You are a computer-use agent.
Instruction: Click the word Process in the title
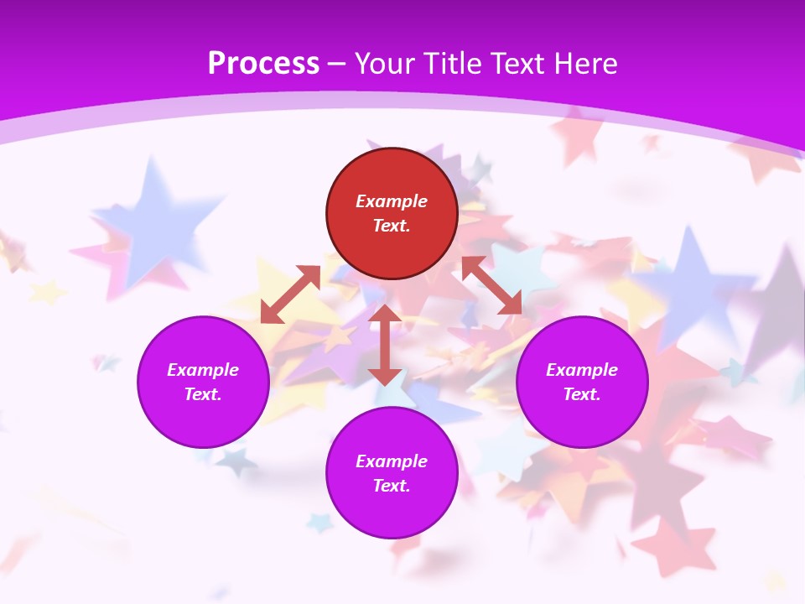(x=263, y=64)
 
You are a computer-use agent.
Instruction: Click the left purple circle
(x=203, y=382)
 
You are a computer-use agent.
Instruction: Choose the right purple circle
(x=582, y=382)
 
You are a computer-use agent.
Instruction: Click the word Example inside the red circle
(x=392, y=201)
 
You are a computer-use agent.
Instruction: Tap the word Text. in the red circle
(x=392, y=226)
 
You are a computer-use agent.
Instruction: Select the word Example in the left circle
(x=203, y=370)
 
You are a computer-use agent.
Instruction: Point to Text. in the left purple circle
(x=203, y=394)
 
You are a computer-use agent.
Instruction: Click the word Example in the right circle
(x=582, y=370)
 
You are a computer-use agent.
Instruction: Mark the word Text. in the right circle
(x=582, y=394)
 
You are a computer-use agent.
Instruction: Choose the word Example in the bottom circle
(x=392, y=461)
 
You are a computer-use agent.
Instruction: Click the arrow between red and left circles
(x=290, y=294)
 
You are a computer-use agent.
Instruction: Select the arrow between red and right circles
(x=492, y=285)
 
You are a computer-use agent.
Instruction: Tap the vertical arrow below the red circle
(x=385, y=345)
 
